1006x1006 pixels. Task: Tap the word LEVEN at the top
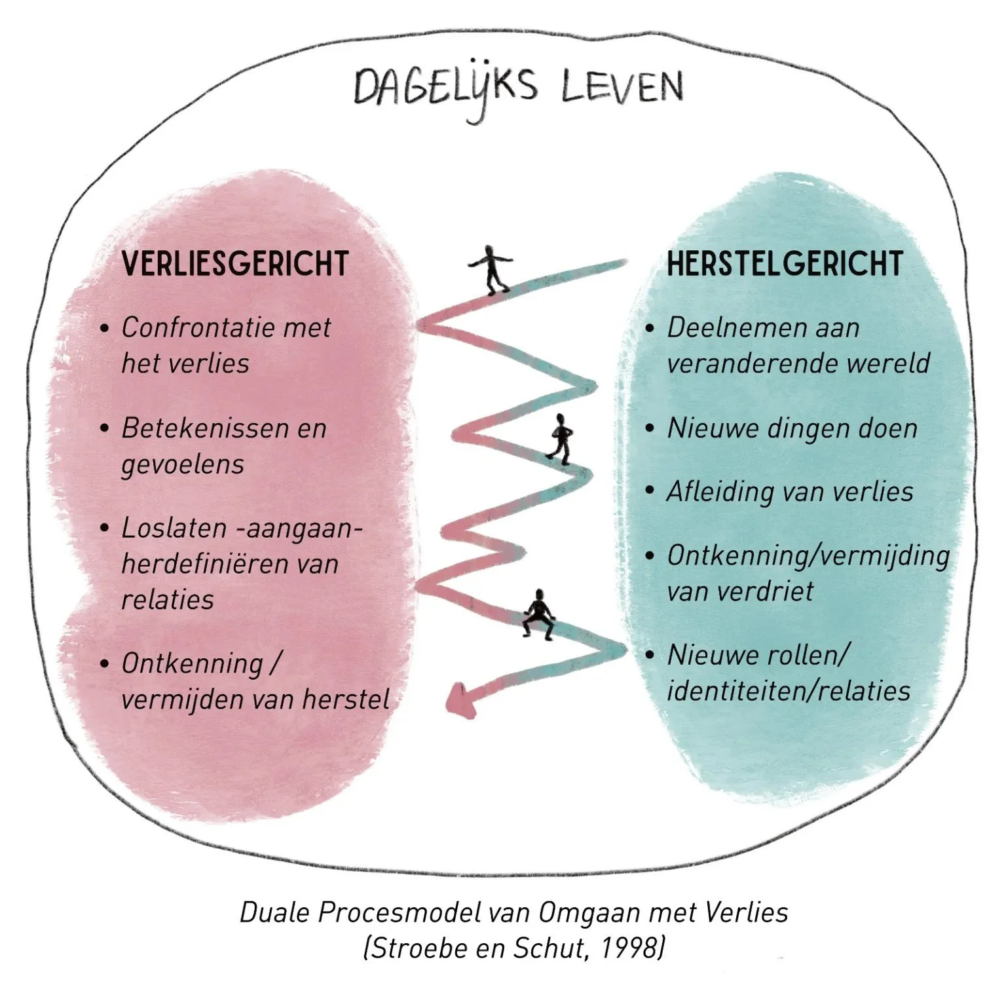[622, 87]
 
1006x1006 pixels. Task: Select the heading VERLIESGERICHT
[234, 264]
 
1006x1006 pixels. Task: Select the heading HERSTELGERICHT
[785, 264]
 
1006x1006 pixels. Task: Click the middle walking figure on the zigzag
[561, 438]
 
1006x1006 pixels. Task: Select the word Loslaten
[174, 528]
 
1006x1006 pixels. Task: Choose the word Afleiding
[716, 492]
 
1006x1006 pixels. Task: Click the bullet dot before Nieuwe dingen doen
[650, 429]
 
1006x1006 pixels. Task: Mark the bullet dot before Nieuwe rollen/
[650, 655]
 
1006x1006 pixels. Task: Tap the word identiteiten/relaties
[789, 691]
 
